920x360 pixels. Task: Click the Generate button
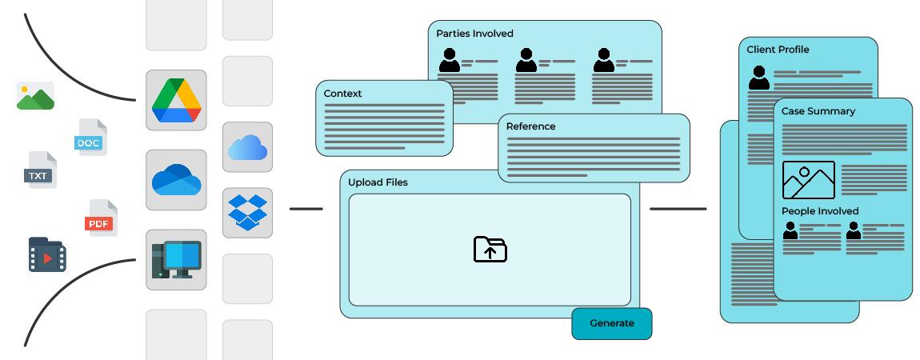[612, 323]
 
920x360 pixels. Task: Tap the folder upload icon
[490, 250]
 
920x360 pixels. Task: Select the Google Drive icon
[176, 100]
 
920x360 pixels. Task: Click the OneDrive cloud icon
[176, 180]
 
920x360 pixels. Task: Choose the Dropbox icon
[247, 213]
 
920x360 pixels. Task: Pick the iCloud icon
[247, 147]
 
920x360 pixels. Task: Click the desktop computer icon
[176, 259]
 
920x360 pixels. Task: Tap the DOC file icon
[91, 138]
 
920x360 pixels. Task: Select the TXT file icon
[41, 170]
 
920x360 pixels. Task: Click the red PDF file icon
[101, 218]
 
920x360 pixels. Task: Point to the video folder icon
[46, 254]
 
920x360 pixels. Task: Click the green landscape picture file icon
[35, 95]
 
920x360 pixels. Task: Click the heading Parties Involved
[474, 34]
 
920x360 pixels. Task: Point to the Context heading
[342, 94]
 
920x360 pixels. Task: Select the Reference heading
[530, 126]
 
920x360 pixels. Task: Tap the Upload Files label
[378, 182]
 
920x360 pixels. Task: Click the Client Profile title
[778, 50]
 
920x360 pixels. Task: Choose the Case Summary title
[818, 111]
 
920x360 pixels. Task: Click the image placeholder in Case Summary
[808, 180]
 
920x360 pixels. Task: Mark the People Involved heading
[820, 211]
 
